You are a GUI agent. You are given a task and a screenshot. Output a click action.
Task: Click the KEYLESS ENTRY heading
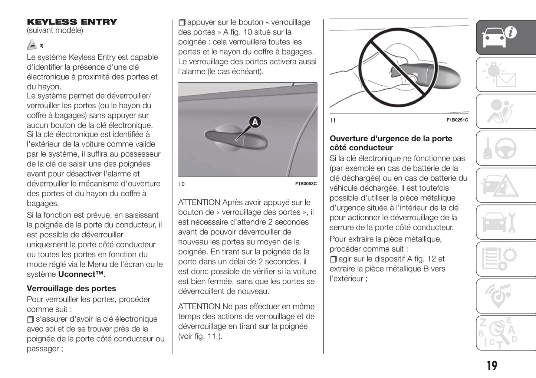pos(72,22)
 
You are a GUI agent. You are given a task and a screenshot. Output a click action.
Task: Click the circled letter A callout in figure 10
pos(255,122)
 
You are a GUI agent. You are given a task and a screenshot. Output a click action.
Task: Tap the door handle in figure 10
pos(236,139)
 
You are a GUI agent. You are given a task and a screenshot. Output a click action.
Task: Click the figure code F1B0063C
pos(306,184)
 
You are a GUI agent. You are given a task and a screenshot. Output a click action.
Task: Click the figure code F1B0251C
pos(457,120)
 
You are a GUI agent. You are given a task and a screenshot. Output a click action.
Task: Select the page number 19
pos(492,366)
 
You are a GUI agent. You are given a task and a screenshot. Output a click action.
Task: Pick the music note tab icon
pos(499,296)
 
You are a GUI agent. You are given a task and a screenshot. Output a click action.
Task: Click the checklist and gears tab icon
pos(499,259)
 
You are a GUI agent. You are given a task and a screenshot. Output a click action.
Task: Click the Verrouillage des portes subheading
pos(71,289)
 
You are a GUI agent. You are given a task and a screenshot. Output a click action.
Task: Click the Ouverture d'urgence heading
pos(391,143)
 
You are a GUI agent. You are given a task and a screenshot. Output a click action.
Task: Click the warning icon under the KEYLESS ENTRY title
pos(32,45)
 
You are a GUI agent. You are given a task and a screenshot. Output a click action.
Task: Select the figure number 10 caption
pos(182,184)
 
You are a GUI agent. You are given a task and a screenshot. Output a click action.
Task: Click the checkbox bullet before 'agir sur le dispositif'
pos(333,259)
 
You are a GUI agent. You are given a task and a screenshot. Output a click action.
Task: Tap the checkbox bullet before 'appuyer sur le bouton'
pos(182,23)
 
